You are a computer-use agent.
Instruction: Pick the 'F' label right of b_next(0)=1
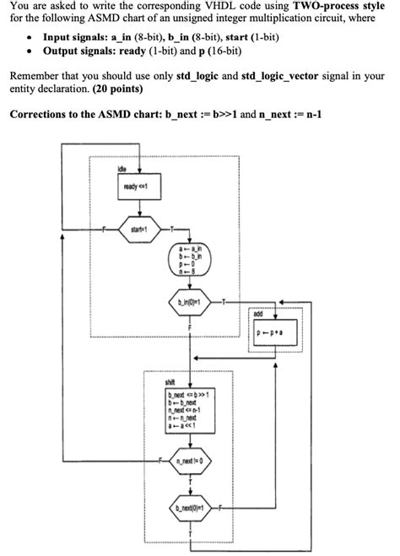[220, 510]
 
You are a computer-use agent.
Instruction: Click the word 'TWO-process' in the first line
[332, 6]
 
